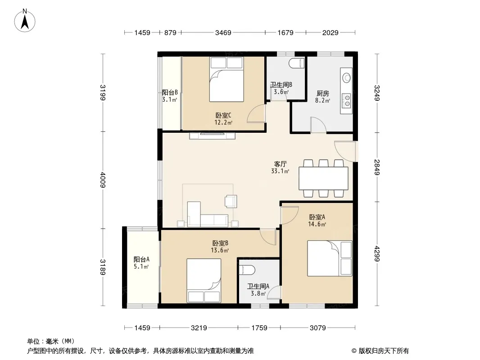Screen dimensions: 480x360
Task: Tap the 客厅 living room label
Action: tap(280, 164)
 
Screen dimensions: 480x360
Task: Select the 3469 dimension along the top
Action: tap(223, 32)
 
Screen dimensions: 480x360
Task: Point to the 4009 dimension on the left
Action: tap(103, 180)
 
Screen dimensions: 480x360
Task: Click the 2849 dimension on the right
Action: tap(377, 167)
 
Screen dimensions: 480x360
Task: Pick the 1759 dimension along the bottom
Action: tap(259, 328)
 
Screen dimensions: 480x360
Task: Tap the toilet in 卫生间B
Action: tap(296, 63)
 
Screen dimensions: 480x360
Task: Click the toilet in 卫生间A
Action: tap(247, 270)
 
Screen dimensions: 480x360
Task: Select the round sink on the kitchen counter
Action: tap(347, 77)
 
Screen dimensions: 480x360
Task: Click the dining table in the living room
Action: tap(323, 178)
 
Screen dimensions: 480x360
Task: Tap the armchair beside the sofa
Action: tap(231, 201)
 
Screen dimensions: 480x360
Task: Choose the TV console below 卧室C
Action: tap(212, 135)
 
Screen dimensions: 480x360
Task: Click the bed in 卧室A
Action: tap(330, 258)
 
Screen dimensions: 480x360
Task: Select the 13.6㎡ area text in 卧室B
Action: tap(220, 251)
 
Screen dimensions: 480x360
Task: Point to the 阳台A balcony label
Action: tap(141, 259)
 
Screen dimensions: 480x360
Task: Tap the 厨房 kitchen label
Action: tap(323, 93)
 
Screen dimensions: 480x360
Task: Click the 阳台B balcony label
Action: tap(170, 92)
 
